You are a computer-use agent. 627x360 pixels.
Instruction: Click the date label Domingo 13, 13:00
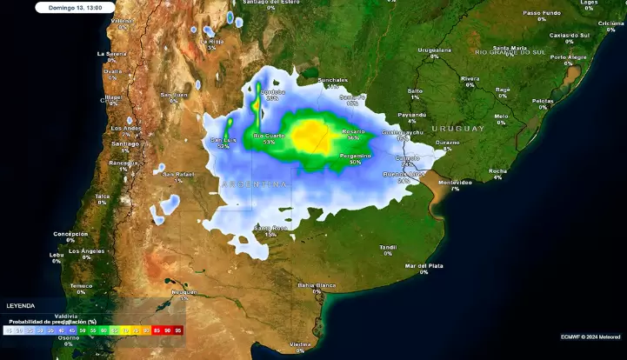pos(76,7)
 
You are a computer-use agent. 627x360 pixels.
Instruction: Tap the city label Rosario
pos(353,131)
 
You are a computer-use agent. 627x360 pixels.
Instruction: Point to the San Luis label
pos(223,140)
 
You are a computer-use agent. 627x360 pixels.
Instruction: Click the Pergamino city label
pos(355,156)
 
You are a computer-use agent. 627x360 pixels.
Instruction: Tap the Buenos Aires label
pos(404,175)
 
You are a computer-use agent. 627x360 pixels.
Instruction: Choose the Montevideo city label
pos(455,183)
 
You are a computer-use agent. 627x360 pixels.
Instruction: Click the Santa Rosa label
pos(270,229)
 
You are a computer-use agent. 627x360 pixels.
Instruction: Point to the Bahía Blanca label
pos(317,285)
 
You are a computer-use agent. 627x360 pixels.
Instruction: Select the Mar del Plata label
pos(424,265)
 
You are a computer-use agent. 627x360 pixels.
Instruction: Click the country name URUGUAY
pos(457,129)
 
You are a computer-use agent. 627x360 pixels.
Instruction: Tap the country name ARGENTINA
pos(254,184)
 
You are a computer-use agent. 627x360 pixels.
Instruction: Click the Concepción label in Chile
pos(70,233)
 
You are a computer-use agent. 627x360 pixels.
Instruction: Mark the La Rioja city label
pos(211,41)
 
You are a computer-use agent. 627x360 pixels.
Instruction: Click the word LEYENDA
pos(20,306)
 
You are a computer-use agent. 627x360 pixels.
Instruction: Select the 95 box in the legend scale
pos(178,330)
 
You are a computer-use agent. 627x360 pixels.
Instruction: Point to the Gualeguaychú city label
pos(403,132)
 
